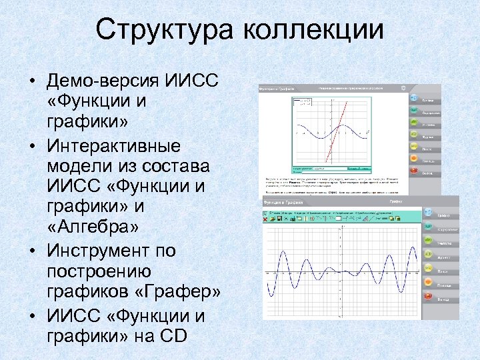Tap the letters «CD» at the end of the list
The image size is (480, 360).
point(174,335)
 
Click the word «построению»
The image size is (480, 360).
point(99,271)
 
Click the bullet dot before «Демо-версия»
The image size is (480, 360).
point(31,82)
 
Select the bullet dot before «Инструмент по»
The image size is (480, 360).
point(31,251)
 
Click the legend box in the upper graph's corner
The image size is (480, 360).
point(303,102)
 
